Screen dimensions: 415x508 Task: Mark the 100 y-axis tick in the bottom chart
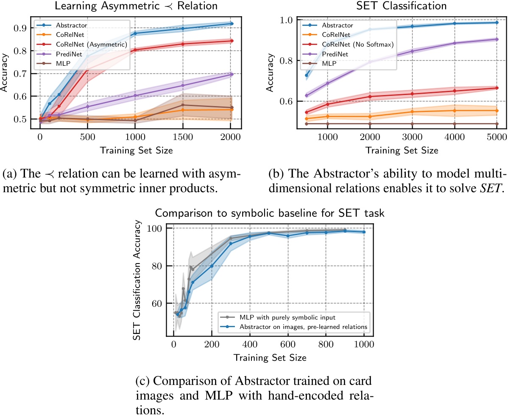coord(159,228)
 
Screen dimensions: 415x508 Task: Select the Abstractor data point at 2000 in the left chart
coord(232,24)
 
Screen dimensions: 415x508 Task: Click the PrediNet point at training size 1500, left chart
coord(183,85)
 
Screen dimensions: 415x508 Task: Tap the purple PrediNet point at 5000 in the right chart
coord(497,39)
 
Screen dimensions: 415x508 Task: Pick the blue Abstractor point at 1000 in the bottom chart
coord(364,232)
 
